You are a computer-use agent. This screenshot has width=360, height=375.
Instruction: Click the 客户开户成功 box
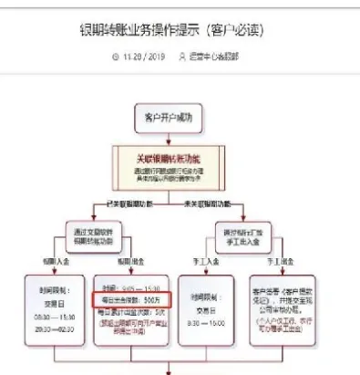(170, 116)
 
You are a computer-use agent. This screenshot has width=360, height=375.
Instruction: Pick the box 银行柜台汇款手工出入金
(245, 234)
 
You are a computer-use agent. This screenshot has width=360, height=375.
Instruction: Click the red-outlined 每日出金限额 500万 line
(129, 297)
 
